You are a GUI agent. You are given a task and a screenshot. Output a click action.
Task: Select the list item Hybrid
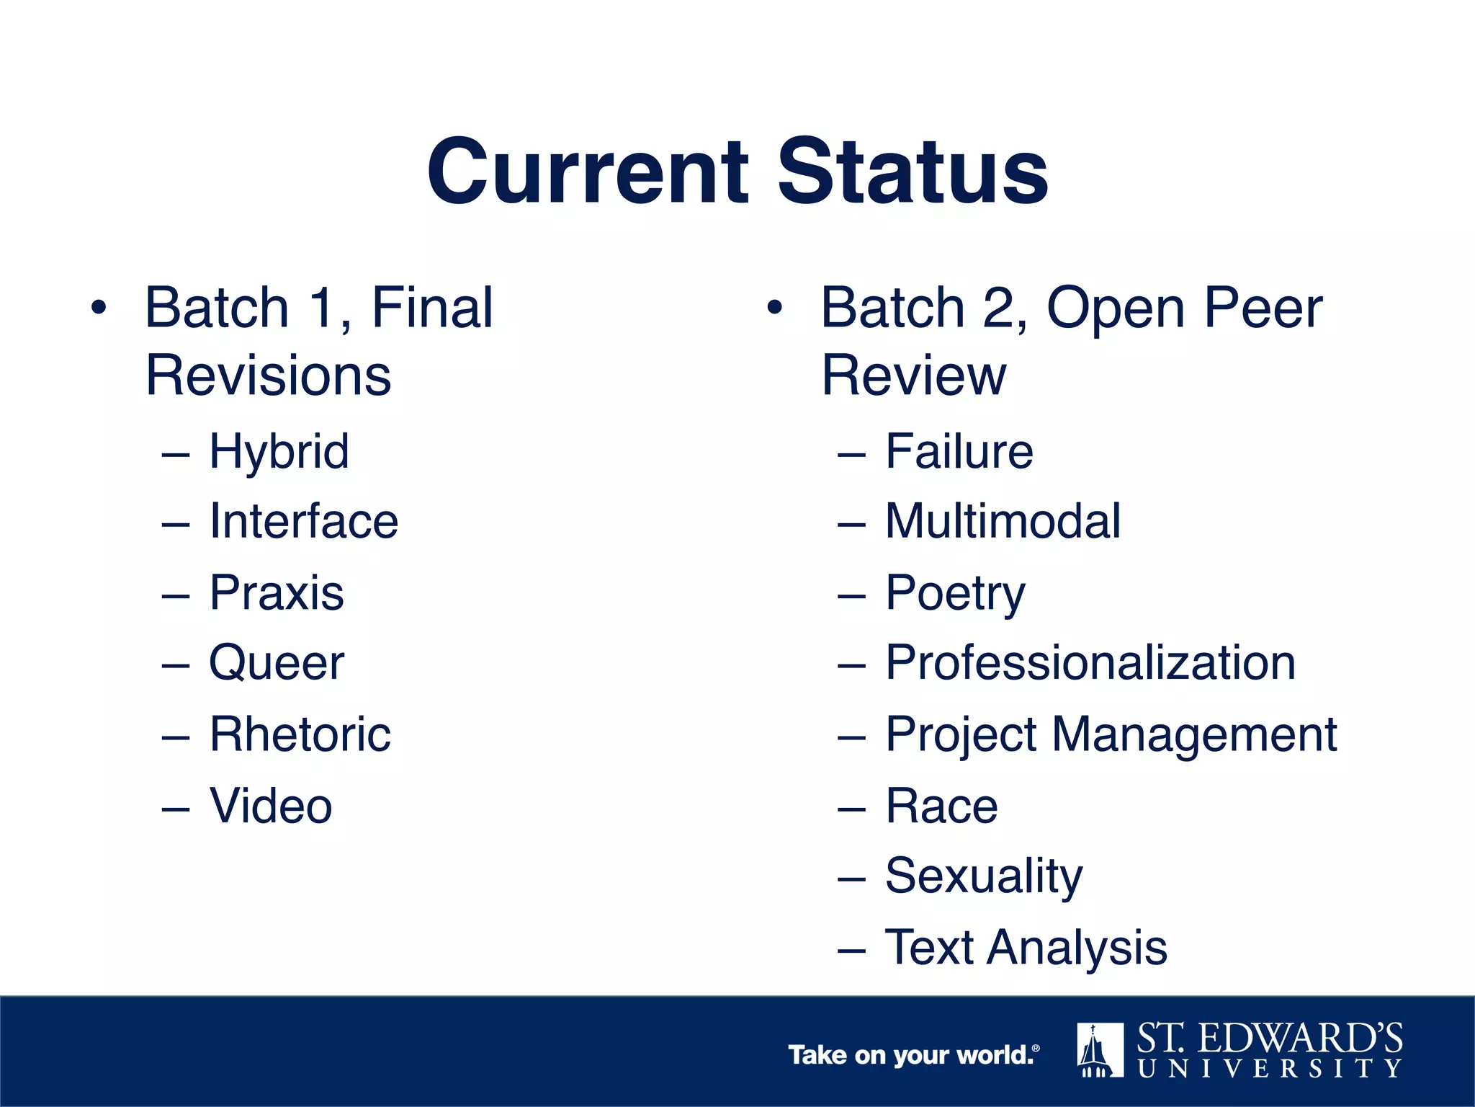pos(279,452)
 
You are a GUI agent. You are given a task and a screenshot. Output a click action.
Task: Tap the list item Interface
pos(303,521)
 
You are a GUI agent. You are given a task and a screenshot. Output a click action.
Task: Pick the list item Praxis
pos(277,592)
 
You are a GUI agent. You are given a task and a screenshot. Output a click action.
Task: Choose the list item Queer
pos(277,662)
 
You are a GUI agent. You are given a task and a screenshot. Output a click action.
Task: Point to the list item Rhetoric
pos(300,734)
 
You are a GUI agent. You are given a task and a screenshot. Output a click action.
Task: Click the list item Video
pos(271,805)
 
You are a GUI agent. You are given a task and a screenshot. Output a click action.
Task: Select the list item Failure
pos(959,452)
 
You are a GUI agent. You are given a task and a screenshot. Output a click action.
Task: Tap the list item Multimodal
pos(1003,521)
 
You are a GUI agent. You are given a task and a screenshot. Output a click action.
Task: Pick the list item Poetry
pos(955,594)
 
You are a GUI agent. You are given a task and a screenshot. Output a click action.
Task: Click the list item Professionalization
pos(1090,662)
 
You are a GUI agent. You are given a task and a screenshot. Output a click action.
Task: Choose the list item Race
pos(941,806)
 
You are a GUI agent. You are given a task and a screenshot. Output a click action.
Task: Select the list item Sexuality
pos(984,876)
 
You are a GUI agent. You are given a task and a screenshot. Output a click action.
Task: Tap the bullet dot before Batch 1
pos(99,308)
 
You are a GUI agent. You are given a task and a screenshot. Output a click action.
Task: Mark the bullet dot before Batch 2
pos(774,308)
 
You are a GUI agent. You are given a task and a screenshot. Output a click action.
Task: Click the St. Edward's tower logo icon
pos(1100,1049)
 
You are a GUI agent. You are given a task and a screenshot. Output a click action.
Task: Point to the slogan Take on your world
pos(913,1055)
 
